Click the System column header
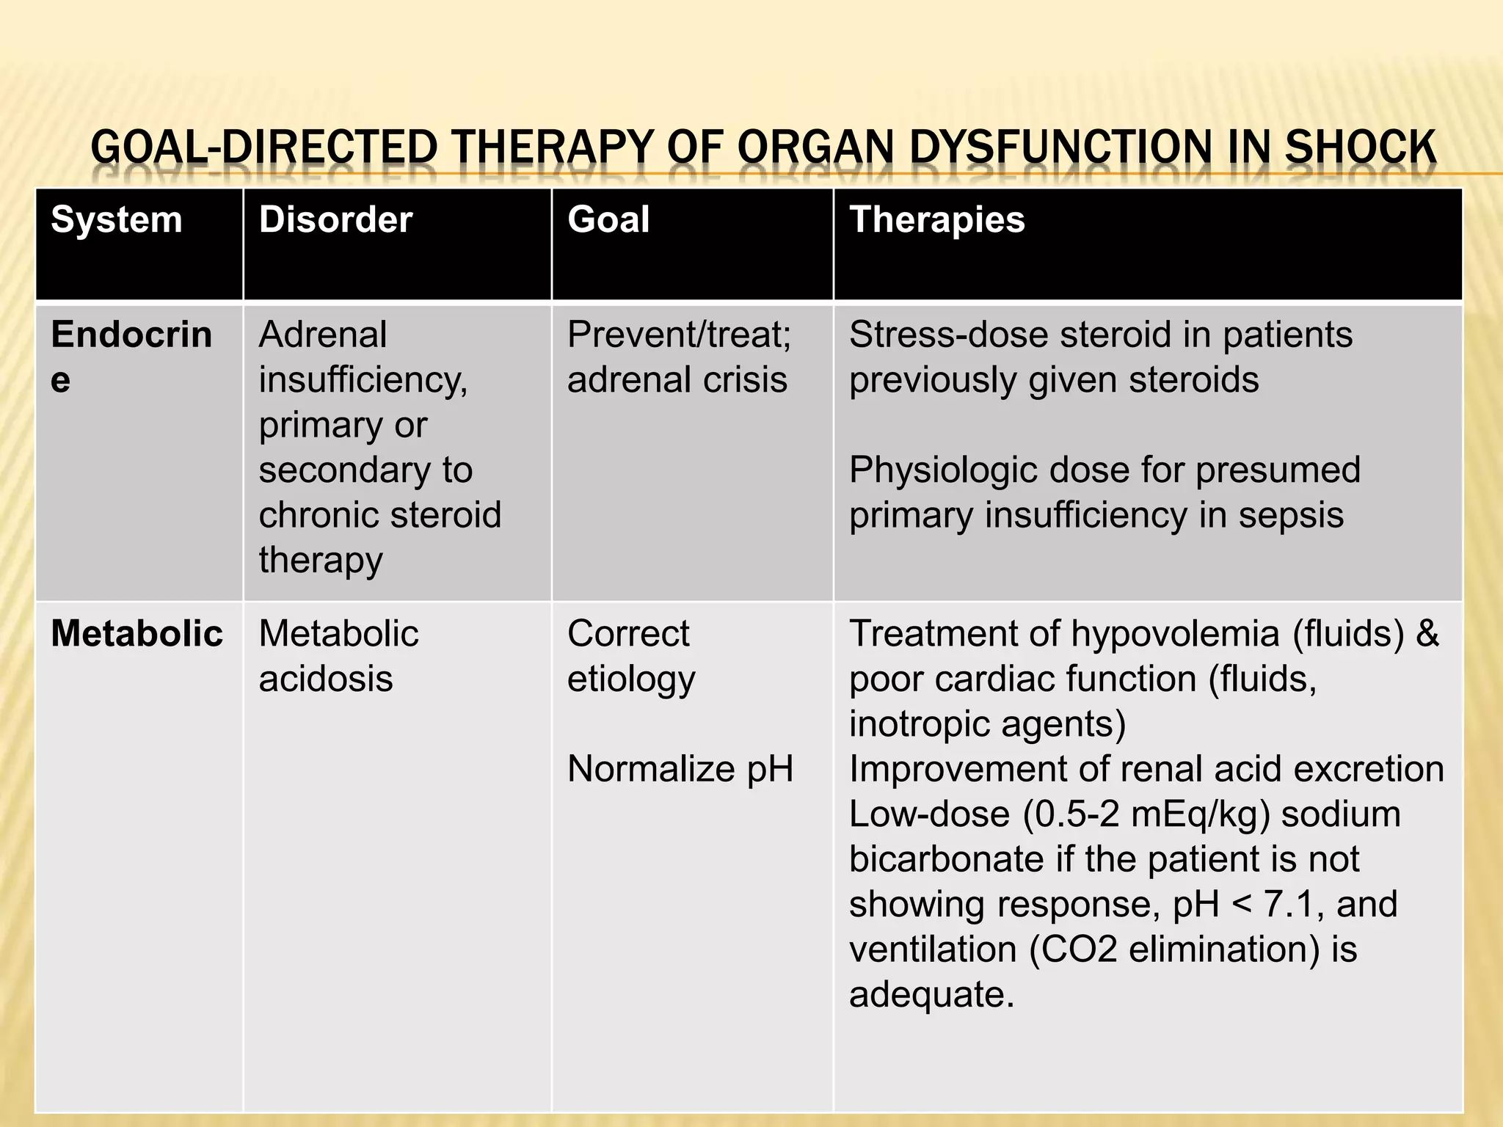point(117,220)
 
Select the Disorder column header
point(335,220)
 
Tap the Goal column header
point(608,220)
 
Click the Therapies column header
point(936,220)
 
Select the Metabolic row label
point(137,634)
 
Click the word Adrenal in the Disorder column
point(323,335)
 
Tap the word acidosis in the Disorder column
point(326,679)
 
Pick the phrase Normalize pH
point(680,770)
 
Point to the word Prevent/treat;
point(680,335)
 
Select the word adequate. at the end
point(931,996)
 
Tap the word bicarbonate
point(946,859)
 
